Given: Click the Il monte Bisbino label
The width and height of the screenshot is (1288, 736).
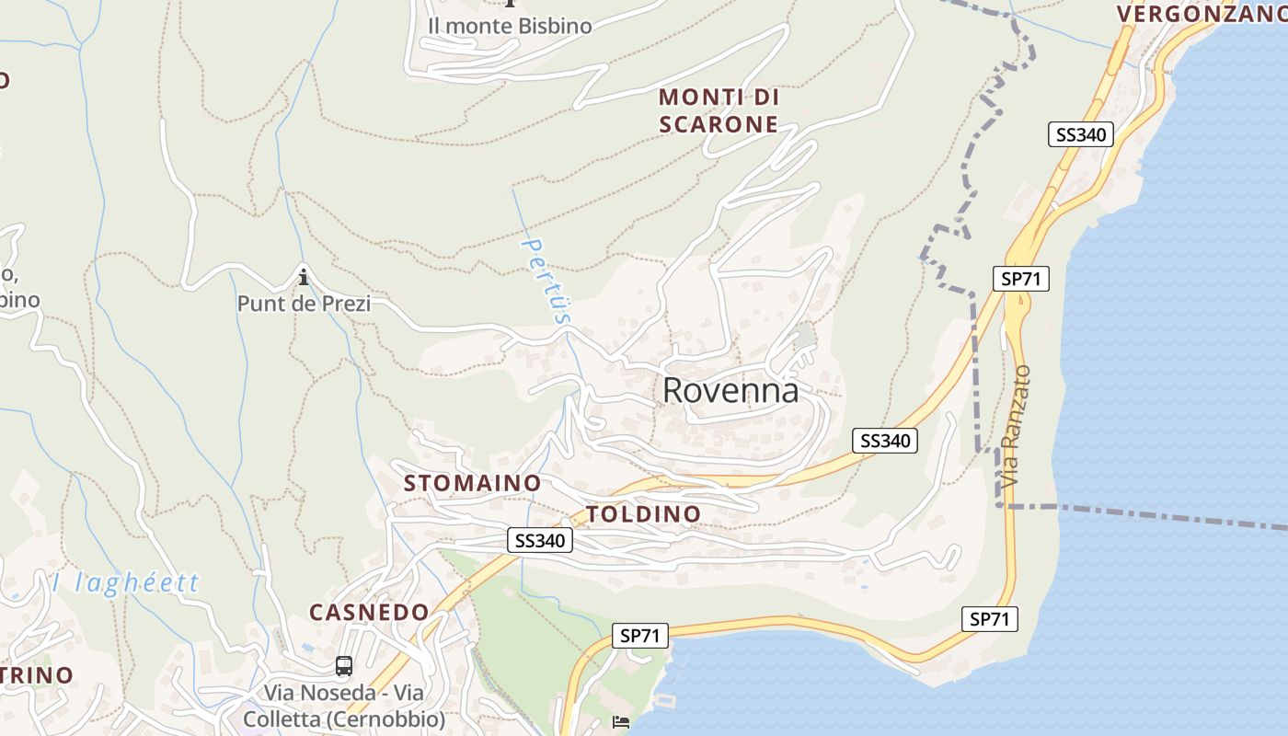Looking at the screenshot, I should coord(509,26).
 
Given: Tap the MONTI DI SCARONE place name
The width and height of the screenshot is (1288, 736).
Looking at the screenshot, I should coord(719,110).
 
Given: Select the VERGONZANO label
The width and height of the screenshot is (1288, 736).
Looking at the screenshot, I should coord(1202,13).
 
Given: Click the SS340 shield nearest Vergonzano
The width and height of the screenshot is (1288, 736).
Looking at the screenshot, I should coord(1081,134).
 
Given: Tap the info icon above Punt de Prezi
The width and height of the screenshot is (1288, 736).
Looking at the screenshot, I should coord(304,276).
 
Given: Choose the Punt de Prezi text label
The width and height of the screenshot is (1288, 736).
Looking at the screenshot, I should coord(304,303).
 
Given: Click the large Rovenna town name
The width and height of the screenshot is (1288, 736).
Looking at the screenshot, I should coord(730,391).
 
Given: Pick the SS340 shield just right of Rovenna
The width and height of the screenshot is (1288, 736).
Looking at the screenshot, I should coord(885,441).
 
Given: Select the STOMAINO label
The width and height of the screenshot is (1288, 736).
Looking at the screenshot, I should coord(472,482).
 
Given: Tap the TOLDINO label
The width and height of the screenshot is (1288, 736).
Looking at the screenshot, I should coord(643,513).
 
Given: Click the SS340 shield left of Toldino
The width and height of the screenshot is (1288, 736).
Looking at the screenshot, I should coord(540,541).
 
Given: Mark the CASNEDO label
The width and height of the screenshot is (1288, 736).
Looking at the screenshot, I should coord(369,612).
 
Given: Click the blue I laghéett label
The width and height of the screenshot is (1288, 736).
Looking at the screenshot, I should coord(125,582).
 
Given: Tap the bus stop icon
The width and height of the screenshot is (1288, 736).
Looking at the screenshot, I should coord(343,665).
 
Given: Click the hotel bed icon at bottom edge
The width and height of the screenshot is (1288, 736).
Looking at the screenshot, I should coord(621,722).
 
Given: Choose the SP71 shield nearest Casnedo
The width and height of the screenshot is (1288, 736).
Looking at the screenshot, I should coord(640,635).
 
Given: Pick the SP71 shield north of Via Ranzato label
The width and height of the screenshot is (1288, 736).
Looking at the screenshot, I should coord(1021,279).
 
